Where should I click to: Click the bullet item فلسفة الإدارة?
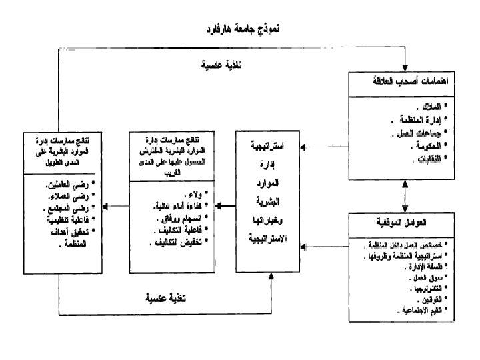pyautogui.click(x=419, y=265)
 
